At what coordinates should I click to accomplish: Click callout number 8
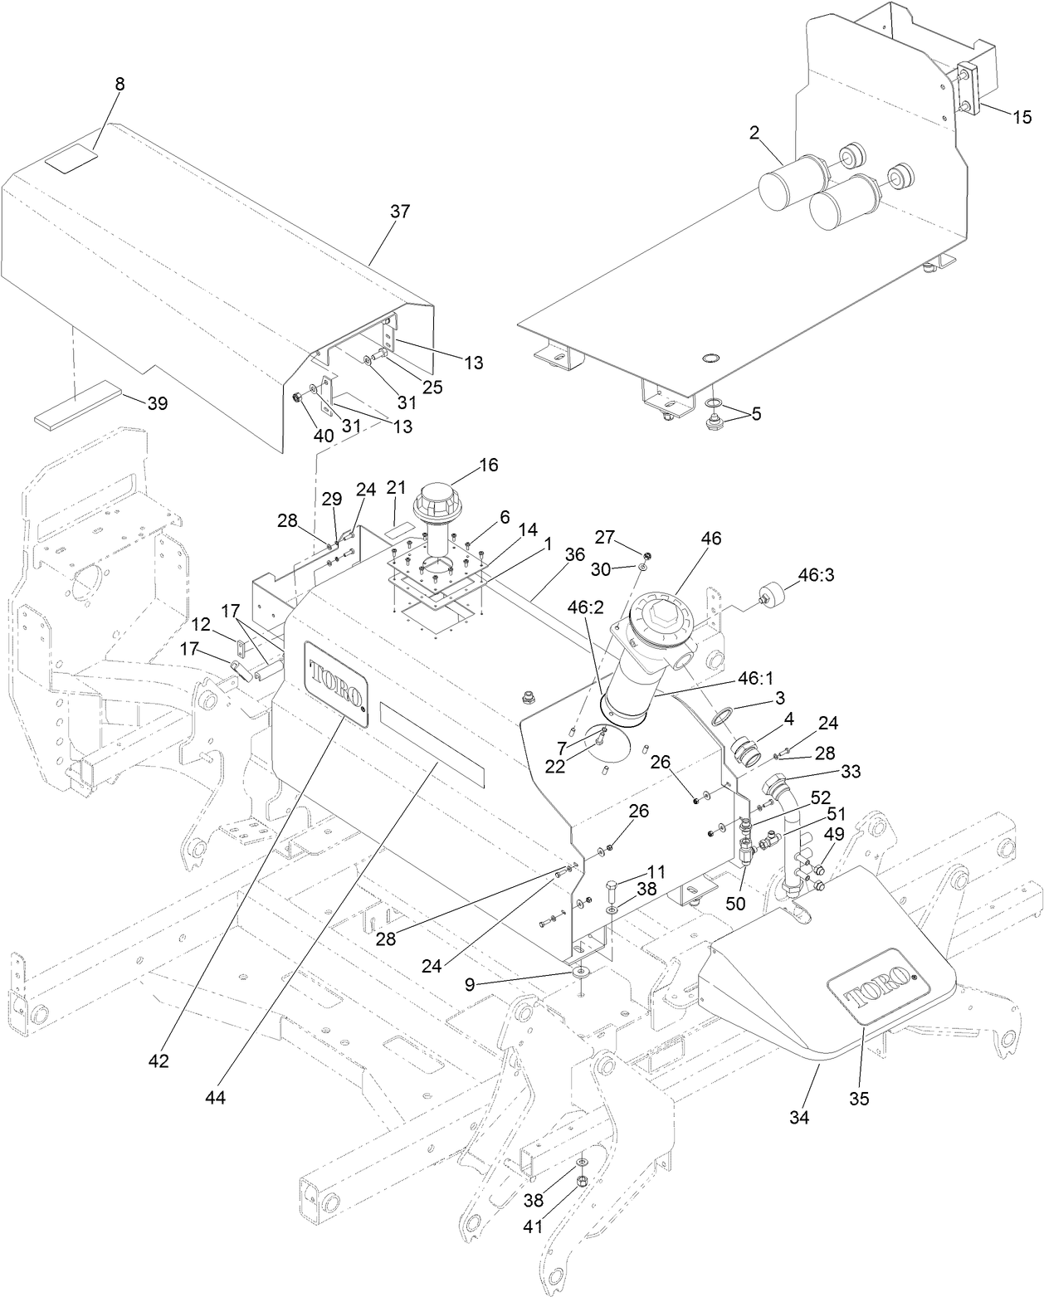click(120, 84)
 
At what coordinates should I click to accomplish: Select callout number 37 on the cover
click(400, 212)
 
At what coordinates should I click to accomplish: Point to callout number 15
click(1021, 117)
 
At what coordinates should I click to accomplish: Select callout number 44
click(216, 1097)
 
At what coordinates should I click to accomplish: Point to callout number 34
click(799, 1117)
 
